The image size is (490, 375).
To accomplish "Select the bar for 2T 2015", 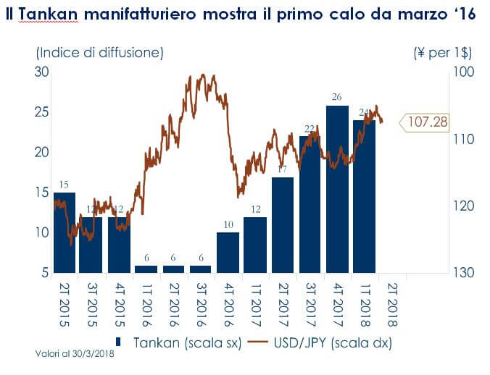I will click(x=65, y=232).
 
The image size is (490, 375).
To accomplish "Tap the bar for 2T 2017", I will click(x=283, y=225).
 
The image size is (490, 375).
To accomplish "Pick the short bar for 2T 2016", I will click(x=173, y=269).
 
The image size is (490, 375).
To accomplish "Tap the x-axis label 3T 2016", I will click(x=201, y=304).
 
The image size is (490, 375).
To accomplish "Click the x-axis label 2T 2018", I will click(x=391, y=304).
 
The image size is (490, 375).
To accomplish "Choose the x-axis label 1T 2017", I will click(x=255, y=304).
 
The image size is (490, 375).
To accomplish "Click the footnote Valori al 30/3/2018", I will click(x=75, y=355).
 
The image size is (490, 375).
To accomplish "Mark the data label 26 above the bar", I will click(x=336, y=96).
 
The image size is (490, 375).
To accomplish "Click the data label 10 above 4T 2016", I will click(x=228, y=224).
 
